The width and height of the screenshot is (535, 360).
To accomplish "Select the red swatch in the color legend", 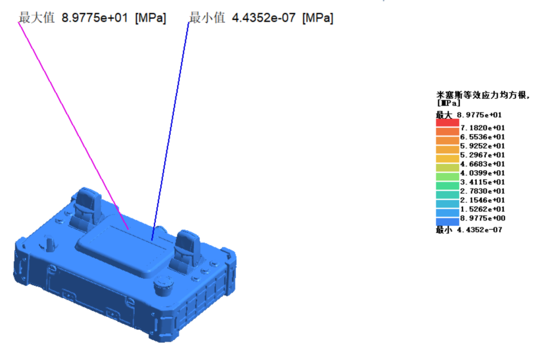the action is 447,123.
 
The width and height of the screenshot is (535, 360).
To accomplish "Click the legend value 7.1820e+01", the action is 482,128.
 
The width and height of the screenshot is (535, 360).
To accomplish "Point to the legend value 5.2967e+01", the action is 482,155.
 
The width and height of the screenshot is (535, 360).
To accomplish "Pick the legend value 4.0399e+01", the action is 482,173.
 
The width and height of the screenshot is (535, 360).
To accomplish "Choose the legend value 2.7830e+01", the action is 482,191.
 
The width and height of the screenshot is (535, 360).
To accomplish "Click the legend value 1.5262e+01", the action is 482,209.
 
